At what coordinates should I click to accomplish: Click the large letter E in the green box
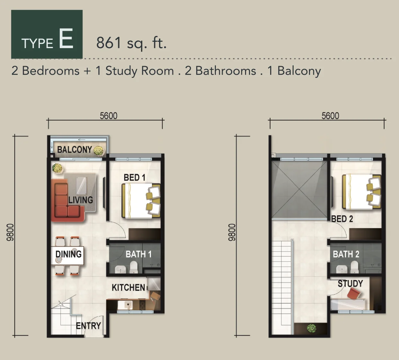[x=66, y=39]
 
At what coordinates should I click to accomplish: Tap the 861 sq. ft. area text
[x=131, y=43]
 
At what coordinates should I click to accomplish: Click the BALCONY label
[x=75, y=150]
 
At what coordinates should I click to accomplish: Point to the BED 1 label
[x=135, y=178]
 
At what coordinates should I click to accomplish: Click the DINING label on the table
[x=68, y=254]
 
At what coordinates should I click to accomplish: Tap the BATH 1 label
[x=139, y=254]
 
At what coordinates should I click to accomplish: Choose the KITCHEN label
[x=128, y=287]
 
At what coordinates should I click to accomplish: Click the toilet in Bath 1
[x=134, y=267]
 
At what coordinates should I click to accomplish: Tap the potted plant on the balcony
[x=99, y=151]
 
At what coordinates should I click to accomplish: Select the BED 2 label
[x=342, y=219]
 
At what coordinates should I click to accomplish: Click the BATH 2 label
[x=346, y=254]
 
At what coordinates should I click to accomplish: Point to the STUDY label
[x=350, y=284]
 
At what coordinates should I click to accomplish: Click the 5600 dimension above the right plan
[x=330, y=116]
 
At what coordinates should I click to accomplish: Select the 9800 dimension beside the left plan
[x=10, y=232]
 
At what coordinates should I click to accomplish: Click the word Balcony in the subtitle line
[x=299, y=71]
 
